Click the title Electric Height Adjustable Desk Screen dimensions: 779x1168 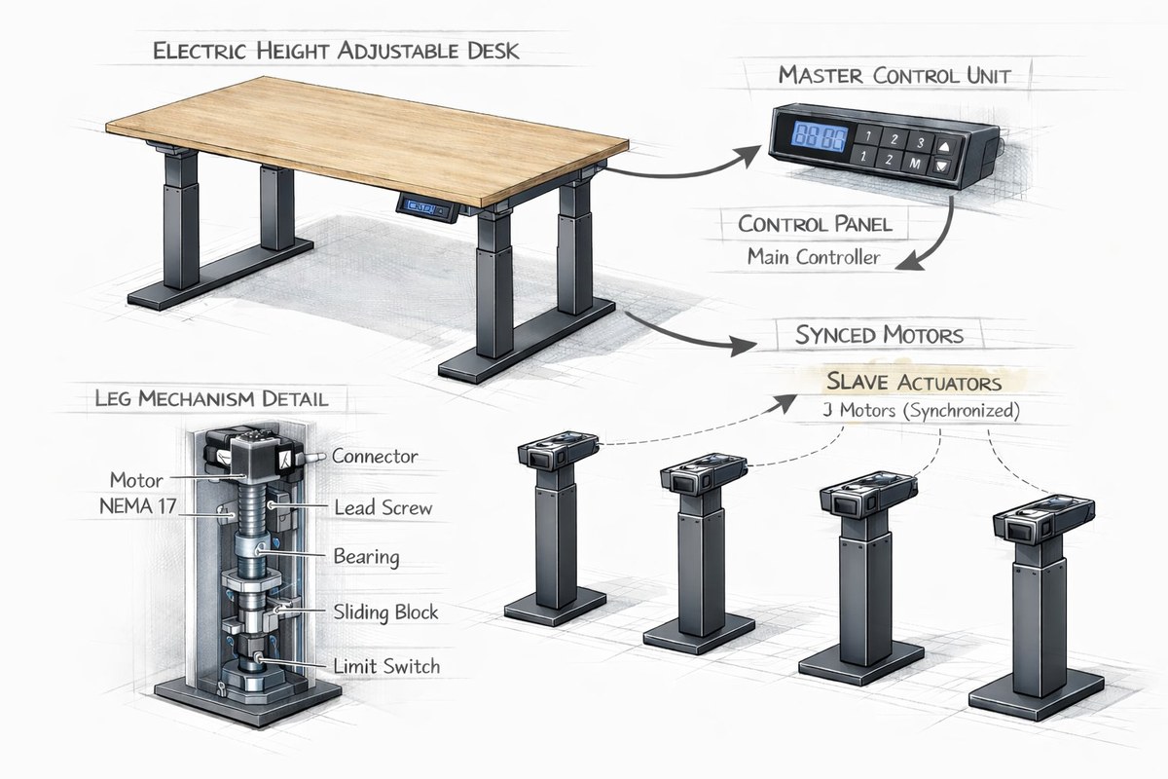[335, 52]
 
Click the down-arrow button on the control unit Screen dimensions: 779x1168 [942, 166]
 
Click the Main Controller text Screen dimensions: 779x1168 [814, 257]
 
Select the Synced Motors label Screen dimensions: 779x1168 [879, 336]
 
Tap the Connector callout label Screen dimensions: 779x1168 [375, 456]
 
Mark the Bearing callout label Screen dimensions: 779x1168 [366, 557]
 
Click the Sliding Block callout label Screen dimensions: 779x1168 [385, 612]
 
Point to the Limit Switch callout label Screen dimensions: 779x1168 [386, 667]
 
